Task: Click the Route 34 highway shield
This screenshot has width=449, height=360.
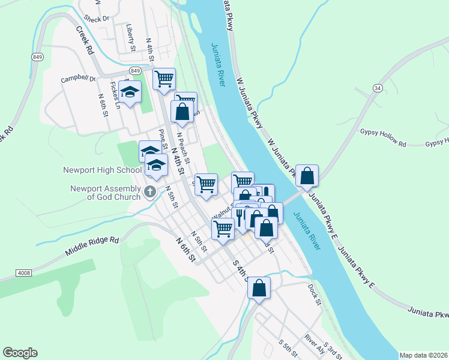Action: [378, 88]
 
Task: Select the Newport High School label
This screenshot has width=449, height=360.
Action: [102, 170]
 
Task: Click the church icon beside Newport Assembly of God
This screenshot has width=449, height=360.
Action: [150, 192]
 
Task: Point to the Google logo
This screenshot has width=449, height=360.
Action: [20, 353]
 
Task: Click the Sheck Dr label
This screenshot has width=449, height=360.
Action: [97, 19]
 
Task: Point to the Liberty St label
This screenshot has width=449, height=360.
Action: [130, 37]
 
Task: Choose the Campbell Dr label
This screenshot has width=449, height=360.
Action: [78, 79]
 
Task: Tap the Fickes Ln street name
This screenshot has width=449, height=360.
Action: [118, 98]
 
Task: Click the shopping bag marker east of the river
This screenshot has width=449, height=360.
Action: [307, 176]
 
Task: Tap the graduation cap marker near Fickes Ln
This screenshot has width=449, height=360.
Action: [129, 91]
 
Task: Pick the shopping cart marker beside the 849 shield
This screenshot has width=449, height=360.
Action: [163, 78]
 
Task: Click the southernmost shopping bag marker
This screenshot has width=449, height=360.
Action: [259, 287]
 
